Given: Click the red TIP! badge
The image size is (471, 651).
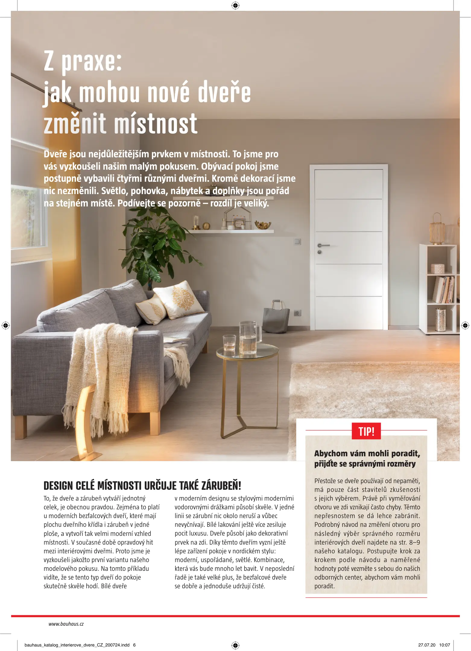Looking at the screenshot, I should (366, 431).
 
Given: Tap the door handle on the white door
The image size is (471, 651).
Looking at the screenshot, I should (323, 245).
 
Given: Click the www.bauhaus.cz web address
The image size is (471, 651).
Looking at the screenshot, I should (66, 624).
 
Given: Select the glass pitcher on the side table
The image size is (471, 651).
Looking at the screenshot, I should (249, 337).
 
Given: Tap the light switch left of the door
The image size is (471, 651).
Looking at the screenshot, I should (298, 241).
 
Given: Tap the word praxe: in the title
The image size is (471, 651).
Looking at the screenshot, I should (92, 62).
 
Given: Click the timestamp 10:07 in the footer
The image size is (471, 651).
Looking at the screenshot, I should (444, 645).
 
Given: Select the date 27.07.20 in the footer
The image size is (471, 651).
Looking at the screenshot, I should (427, 645).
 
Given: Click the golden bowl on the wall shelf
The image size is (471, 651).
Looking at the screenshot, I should (263, 225).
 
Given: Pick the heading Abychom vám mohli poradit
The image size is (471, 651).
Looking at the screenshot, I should (367, 453).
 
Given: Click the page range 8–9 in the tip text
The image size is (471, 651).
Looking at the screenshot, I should (415, 542).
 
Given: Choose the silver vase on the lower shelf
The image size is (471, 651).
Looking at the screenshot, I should (441, 320).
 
